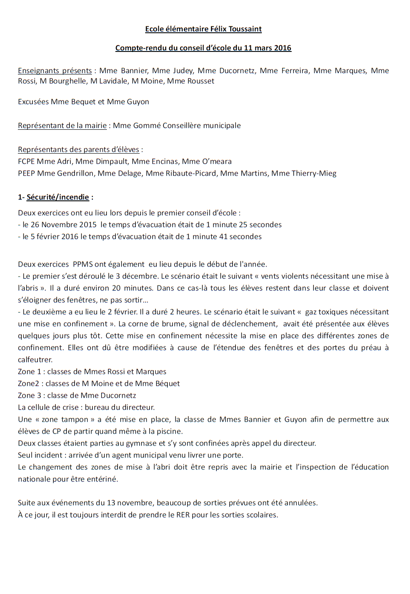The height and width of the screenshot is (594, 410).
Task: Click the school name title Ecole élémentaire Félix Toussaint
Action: click(203, 29)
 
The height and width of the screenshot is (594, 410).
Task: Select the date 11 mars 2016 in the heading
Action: click(267, 48)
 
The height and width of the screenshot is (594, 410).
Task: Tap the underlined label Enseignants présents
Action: click(55, 71)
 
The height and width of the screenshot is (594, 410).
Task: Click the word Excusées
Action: click(33, 102)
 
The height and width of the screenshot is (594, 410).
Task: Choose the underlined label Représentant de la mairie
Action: click(62, 126)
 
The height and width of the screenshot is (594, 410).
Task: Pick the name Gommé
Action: click(147, 126)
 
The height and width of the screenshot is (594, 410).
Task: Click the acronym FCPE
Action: click(26, 161)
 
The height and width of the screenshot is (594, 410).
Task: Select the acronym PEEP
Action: click(26, 173)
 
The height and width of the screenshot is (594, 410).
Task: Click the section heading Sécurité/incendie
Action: click(58, 197)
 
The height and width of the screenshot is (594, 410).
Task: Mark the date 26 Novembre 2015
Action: click(63, 225)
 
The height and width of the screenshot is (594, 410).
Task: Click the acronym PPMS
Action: click(83, 264)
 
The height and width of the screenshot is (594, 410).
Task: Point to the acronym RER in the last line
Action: click(183, 514)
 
